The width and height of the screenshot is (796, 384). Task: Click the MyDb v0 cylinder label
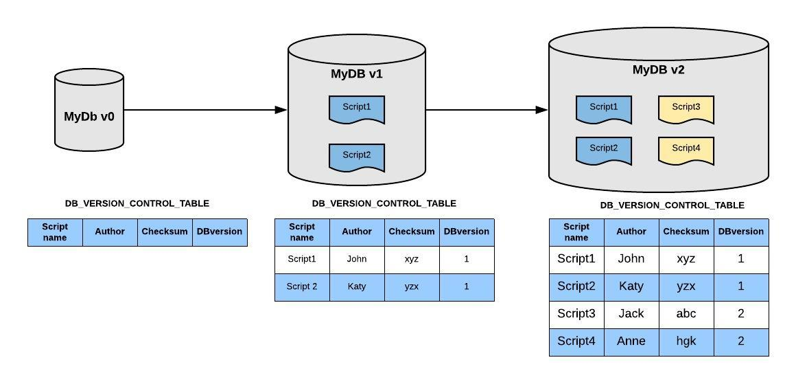pyautogui.click(x=89, y=116)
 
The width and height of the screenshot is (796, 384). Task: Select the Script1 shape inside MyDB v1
pyautogui.click(x=357, y=109)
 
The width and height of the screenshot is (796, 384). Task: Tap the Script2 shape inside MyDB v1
pyautogui.click(x=357, y=157)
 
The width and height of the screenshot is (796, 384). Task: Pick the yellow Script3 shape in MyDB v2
pyautogui.click(x=686, y=109)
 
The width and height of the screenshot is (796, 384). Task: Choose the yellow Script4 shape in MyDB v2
pyautogui.click(x=686, y=150)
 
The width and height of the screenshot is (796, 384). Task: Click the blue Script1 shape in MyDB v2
pyautogui.click(x=604, y=109)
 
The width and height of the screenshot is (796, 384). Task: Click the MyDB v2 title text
pyautogui.click(x=658, y=69)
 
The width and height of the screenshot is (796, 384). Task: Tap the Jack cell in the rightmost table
pyautogui.click(x=631, y=314)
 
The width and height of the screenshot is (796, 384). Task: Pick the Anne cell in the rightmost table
pyautogui.click(x=631, y=341)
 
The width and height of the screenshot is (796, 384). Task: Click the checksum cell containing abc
pyautogui.click(x=686, y=314)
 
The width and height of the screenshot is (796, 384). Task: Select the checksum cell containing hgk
pyautogui.click(x=686, y=341)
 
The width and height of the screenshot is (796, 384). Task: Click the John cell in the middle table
pyautogui.click(x=357, y=259)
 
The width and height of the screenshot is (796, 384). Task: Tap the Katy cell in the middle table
pyautogui.click(x=357, y=286)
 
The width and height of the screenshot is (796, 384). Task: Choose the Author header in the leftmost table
pyautogui.click(x=110, y=231)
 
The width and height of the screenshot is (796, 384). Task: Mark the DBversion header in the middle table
pyautogui.click(x=467, y=231)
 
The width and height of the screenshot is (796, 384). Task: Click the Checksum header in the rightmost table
pyautogui.click(x=686, y=231)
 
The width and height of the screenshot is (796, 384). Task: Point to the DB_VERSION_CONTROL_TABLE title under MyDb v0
pyautogui.click(x=137, y=203)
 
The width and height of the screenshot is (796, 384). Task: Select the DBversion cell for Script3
pyautogui.click(x=741, y=314)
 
